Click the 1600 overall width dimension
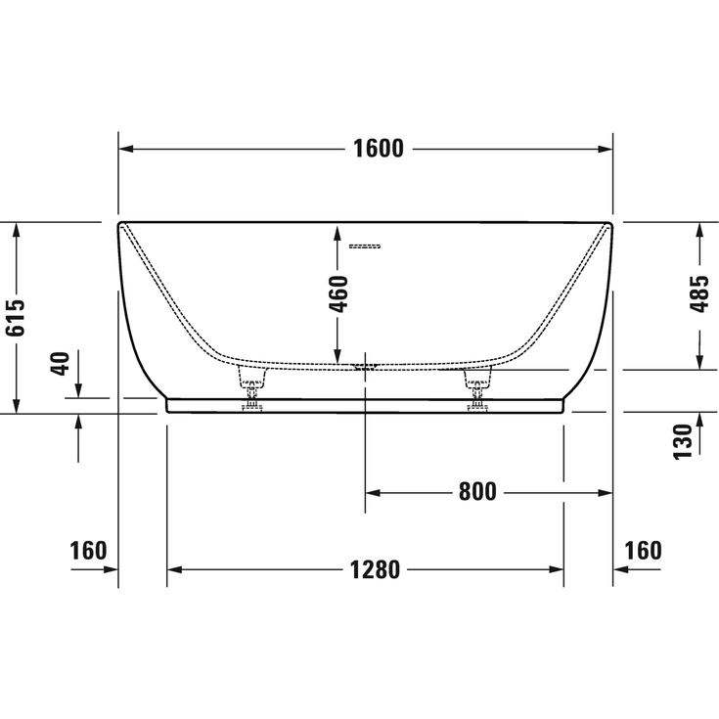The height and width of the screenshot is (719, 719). tap(377, 149)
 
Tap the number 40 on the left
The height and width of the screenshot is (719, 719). tap(59, 365)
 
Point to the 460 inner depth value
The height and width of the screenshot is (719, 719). tap(337, 293)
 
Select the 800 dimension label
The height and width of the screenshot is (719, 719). tap(477, 492)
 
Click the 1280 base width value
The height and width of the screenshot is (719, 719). tap(375, 569)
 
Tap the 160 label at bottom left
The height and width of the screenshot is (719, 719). tap(88, 551)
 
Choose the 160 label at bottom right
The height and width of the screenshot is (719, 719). tap(643, 551)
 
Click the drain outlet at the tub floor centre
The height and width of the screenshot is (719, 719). tap(365, 368)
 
